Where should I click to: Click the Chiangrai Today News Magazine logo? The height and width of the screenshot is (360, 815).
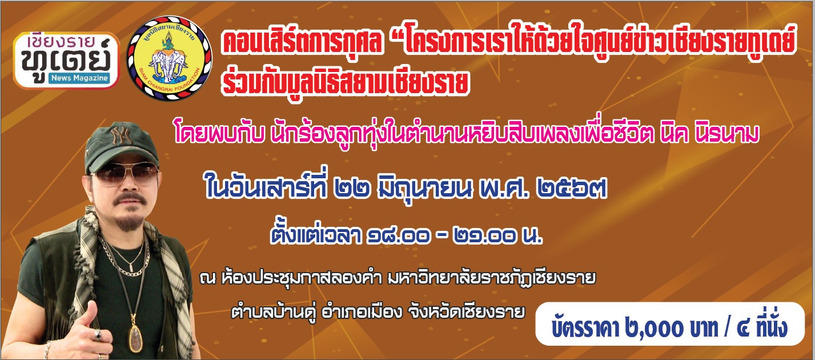point(67,61)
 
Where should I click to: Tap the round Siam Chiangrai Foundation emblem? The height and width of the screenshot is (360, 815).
point(169,58)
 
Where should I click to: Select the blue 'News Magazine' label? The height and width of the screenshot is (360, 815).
point(80,78)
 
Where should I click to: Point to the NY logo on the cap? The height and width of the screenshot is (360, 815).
point(121,136)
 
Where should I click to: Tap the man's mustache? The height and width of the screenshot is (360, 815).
point(129,199)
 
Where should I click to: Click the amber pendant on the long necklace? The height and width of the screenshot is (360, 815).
point(136,338)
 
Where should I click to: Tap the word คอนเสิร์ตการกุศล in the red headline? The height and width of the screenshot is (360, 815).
point(303,41)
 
